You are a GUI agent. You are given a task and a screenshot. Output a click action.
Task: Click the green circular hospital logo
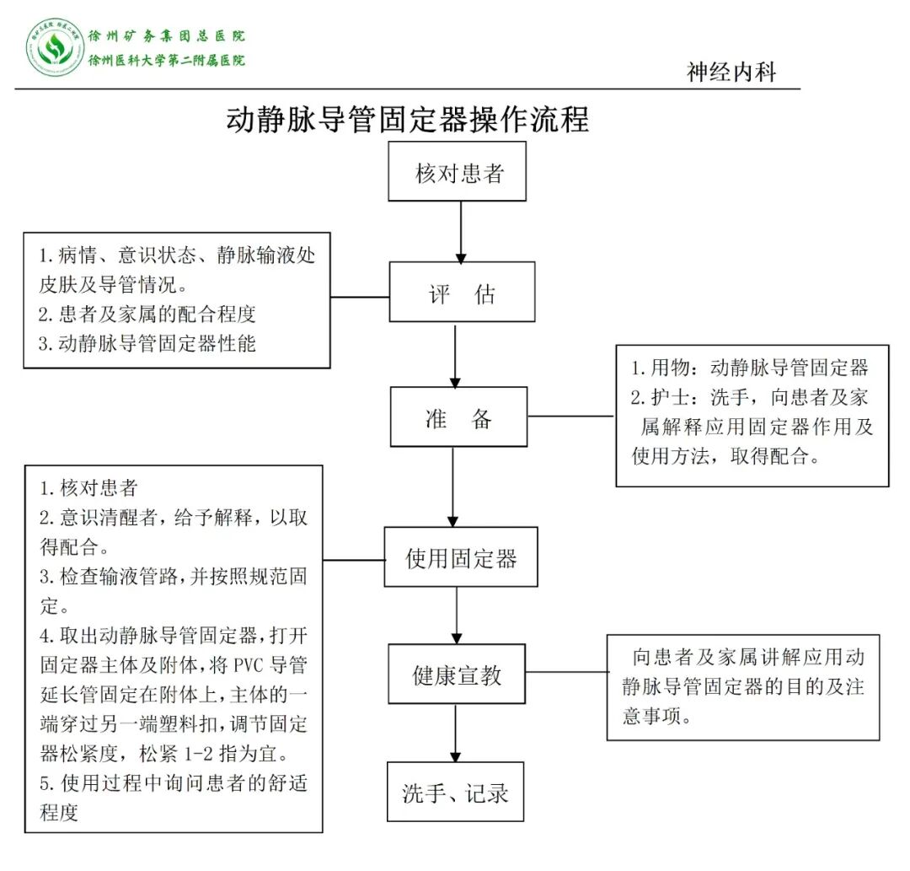55,48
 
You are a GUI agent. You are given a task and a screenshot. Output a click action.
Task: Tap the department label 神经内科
731,72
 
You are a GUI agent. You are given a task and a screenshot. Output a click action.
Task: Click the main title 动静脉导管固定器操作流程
407,119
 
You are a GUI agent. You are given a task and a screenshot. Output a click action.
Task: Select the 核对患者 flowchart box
458,172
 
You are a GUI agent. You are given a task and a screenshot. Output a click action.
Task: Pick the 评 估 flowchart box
462,292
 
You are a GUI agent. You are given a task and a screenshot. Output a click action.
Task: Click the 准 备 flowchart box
458,417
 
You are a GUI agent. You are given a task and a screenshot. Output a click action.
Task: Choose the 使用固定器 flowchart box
461,557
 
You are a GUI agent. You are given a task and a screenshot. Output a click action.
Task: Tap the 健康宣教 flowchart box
457,675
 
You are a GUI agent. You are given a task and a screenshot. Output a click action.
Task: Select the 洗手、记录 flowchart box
455,792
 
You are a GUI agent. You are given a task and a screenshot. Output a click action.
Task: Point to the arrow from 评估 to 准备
455,354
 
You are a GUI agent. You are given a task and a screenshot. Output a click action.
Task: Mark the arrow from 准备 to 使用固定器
453,487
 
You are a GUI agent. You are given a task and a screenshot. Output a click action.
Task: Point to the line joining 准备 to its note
571,416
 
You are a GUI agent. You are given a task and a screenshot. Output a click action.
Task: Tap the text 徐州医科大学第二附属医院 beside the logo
167,61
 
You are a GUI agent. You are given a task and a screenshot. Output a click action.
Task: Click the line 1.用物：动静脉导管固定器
749,368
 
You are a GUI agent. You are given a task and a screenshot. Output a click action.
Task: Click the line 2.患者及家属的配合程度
147,315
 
